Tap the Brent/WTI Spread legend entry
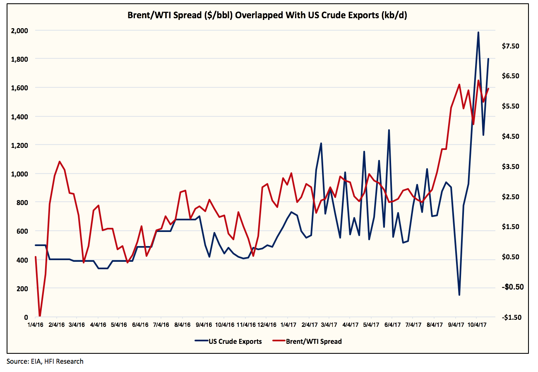point(314,341)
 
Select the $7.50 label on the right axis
point(510,46)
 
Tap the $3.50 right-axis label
point(510,167)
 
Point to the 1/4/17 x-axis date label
point(288,325)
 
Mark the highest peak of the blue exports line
point(478,32)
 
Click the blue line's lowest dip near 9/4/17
point(459,295)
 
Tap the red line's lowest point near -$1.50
point(40,316)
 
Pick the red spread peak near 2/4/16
point(60,162)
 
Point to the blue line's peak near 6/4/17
point(389,130)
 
